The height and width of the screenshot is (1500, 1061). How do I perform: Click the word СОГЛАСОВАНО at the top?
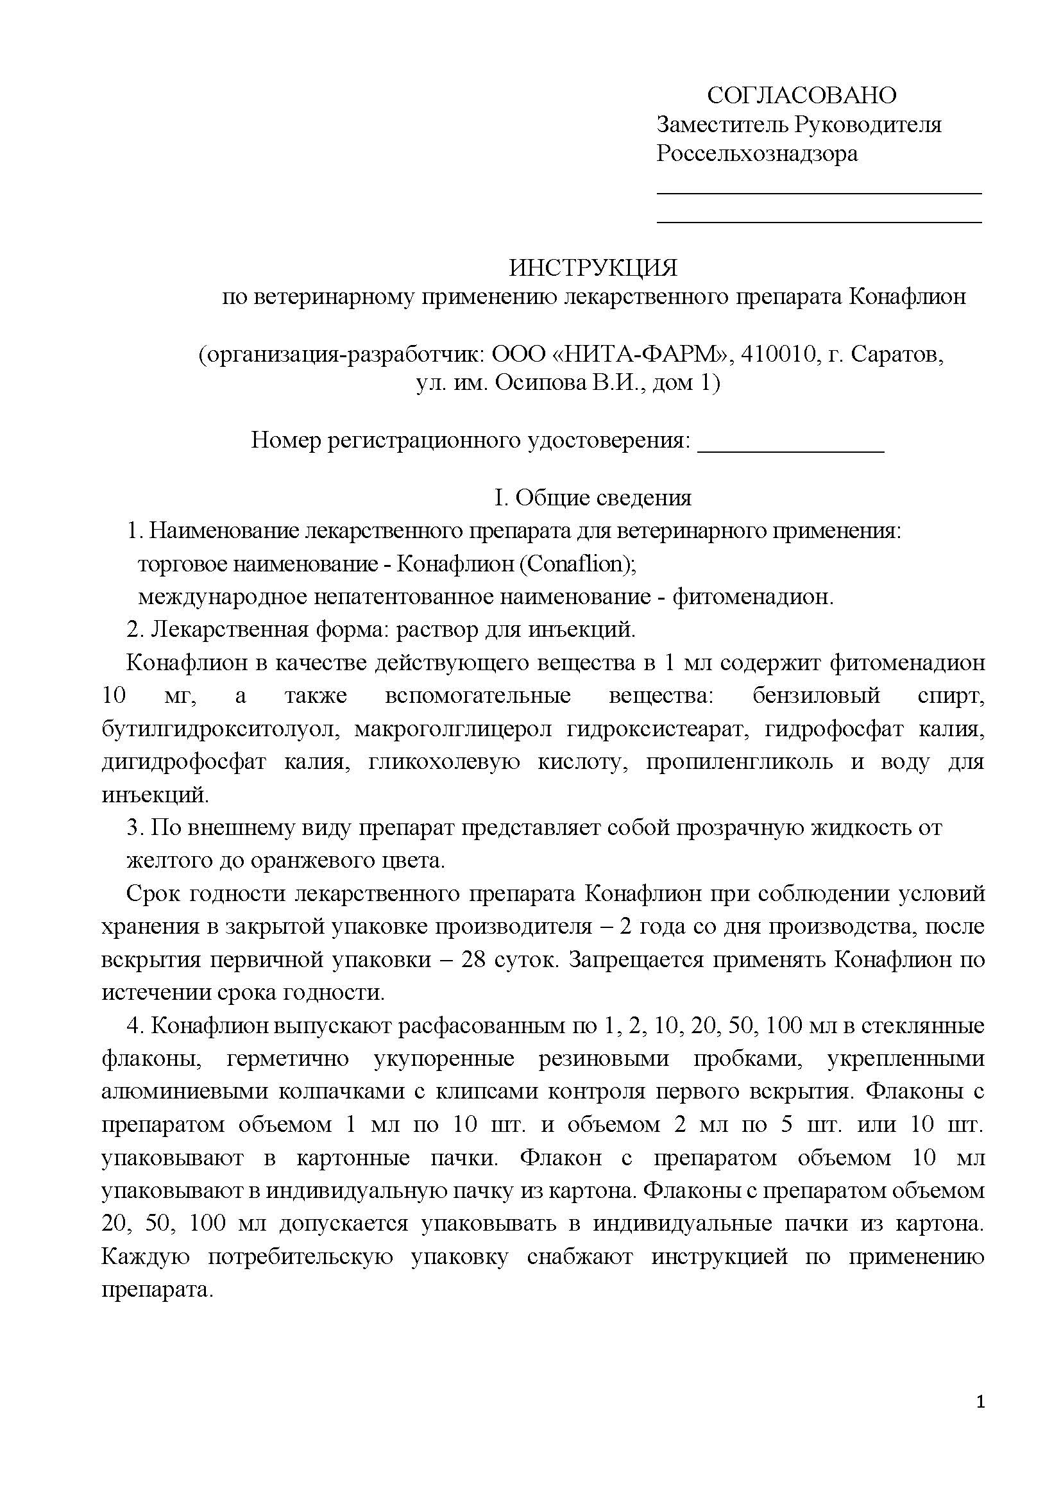tap(802, 96)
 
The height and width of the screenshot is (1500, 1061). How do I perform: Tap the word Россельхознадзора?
tap(756, 153)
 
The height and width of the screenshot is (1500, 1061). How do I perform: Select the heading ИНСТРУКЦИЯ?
tap(593, 267)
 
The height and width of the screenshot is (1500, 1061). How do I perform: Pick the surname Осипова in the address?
tap(540, 383)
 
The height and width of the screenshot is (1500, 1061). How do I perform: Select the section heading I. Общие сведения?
tap(593, 498)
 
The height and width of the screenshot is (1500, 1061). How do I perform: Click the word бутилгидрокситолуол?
tap(219, 729)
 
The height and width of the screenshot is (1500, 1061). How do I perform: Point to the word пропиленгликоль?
tap(740, 762)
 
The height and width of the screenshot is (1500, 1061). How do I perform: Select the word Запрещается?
tap(634, 960)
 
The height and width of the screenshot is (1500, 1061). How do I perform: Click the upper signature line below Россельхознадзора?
tap(819, 193)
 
